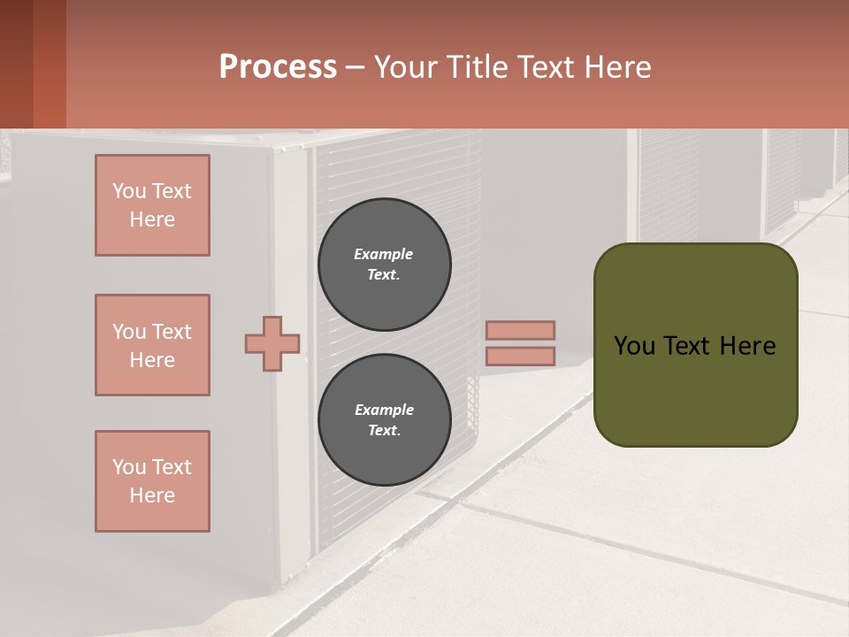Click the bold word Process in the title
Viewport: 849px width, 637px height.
click(278, 67)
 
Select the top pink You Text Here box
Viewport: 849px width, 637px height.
click(152, 205)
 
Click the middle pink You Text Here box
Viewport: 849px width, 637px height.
click(152, 345)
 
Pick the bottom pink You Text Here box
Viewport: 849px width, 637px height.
click(152, 481)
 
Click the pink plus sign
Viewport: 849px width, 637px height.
click(272, 343)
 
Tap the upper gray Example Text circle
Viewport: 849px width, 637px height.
click(384, 264)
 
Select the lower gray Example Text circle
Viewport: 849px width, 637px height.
click(384, 420)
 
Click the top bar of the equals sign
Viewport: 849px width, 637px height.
click(520, 330)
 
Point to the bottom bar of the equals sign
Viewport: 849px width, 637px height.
click(520, 357)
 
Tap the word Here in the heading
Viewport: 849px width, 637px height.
click(620, 67)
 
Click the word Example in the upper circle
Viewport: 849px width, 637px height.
click(384, 254)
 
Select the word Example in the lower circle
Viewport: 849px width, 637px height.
click(384, 410)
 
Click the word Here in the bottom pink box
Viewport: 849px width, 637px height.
click(152, 495)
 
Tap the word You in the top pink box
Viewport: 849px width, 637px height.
click(129, 191)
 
